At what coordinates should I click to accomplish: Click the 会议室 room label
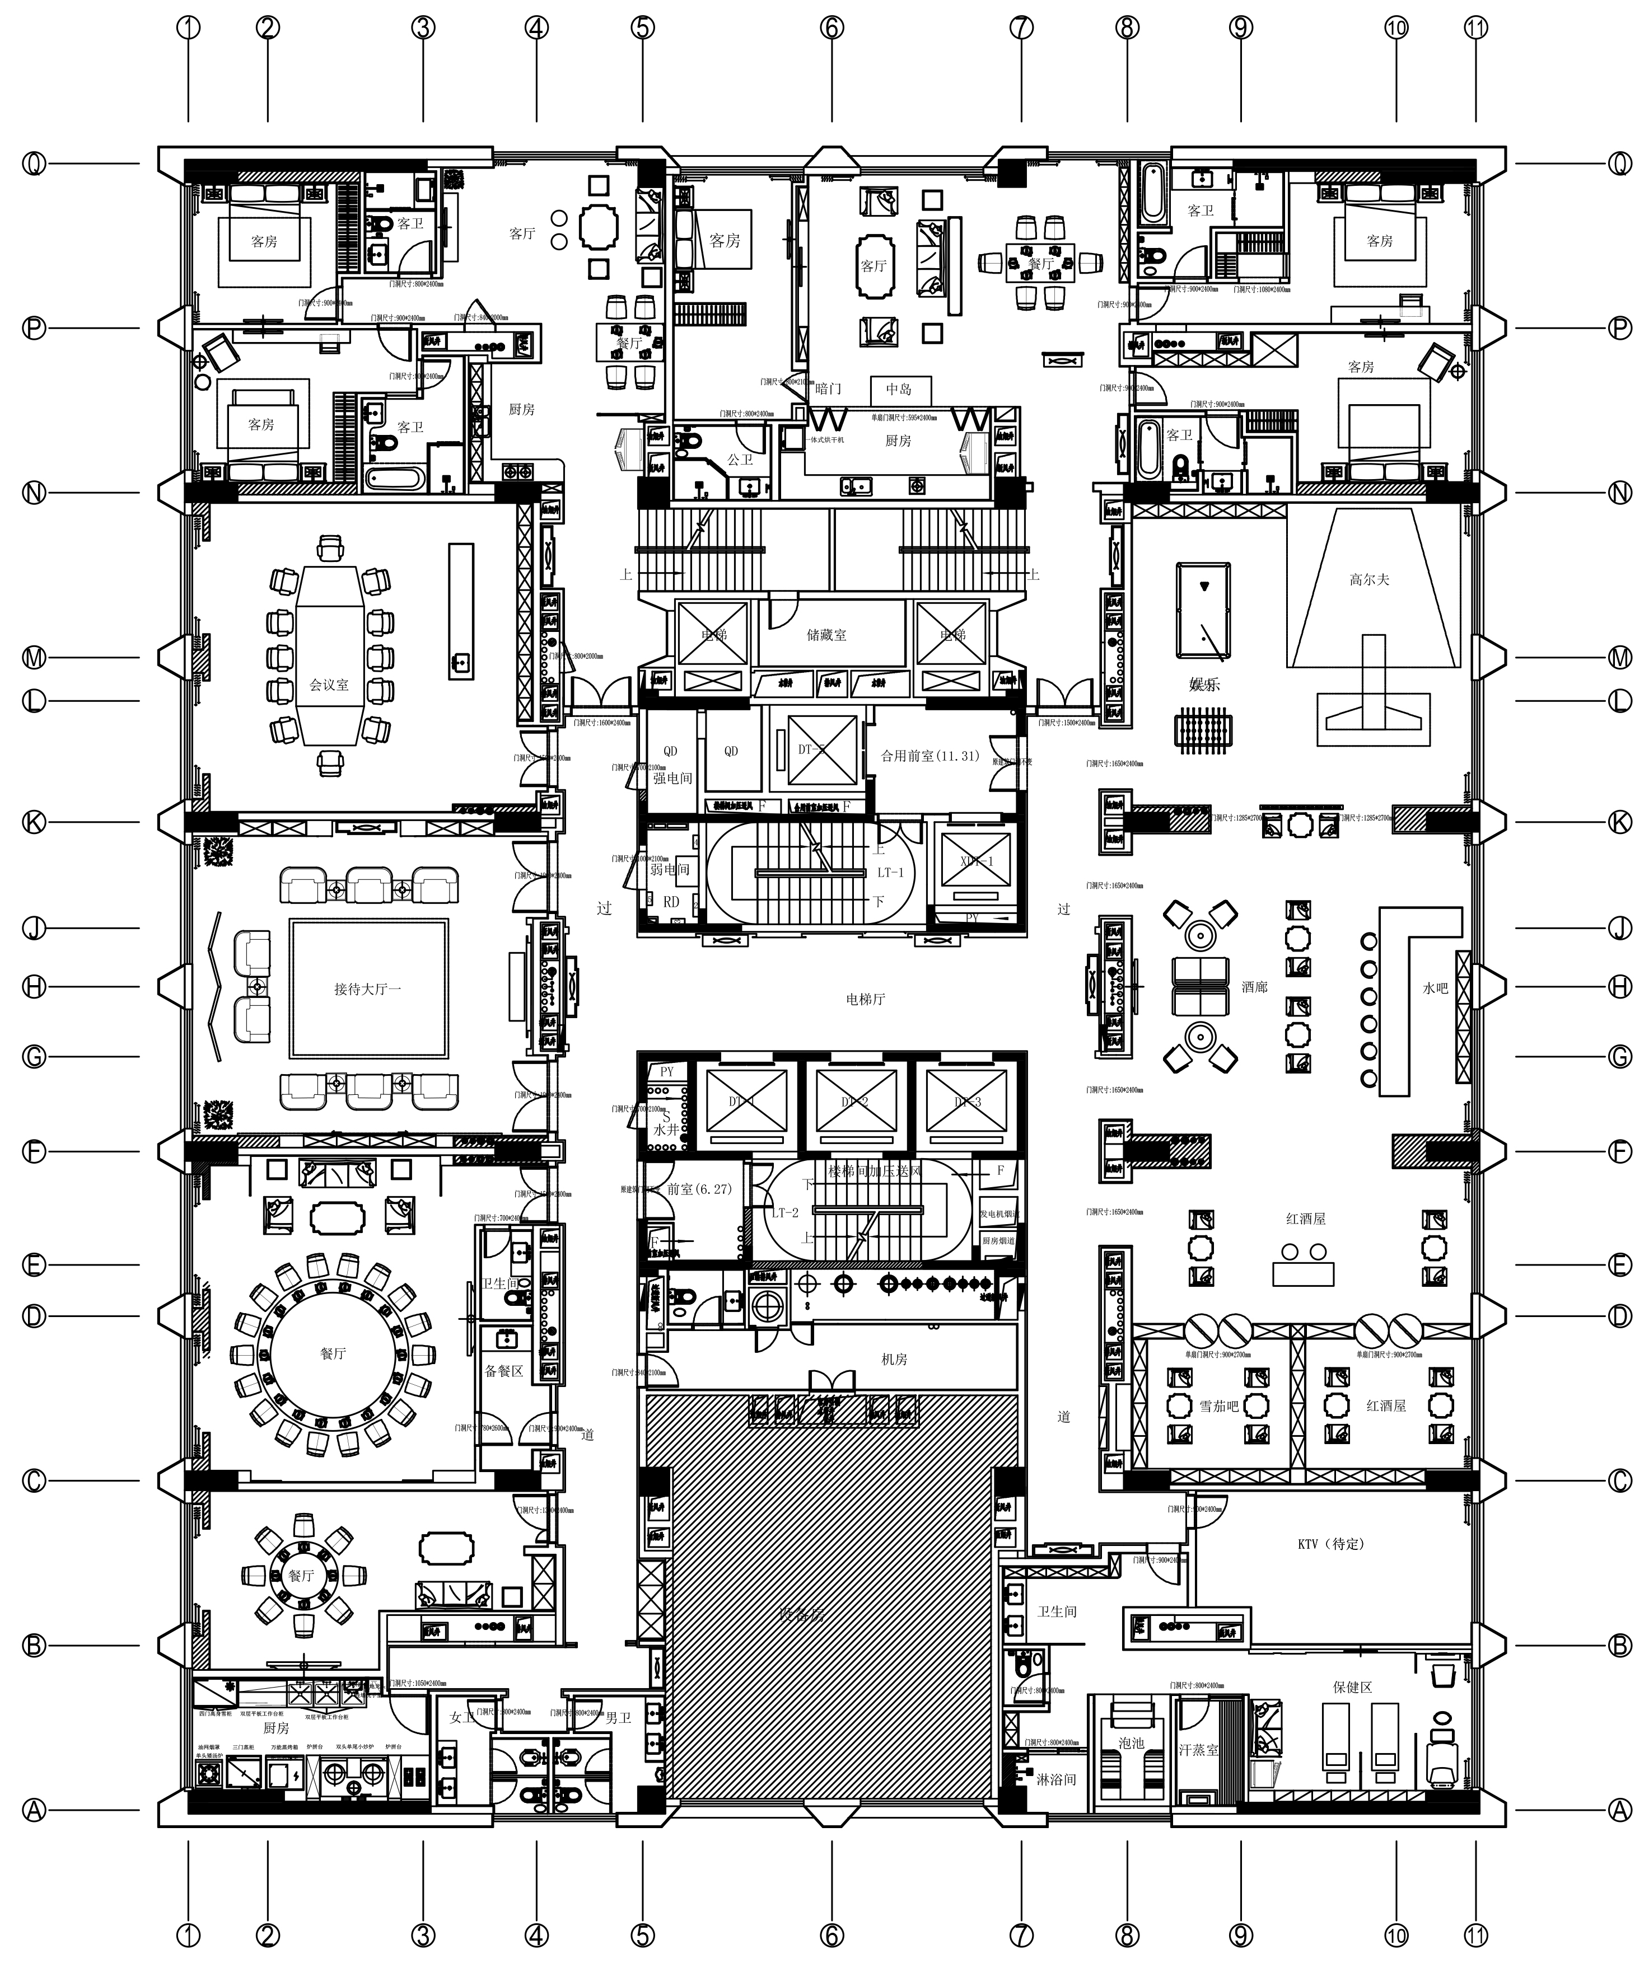[x=329, y=685]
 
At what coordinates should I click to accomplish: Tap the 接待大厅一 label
[x=367, y=988]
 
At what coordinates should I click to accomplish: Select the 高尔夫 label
[x=1369, y=579]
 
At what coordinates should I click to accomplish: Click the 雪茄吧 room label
[x=1218, y=1405]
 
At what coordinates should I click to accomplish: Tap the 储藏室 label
[x=826, y=635]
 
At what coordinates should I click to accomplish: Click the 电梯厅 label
[x=865, y=999]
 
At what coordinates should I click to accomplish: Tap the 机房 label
[x=894, y=1359]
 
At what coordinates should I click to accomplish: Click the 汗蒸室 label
[x=1198, y=1749]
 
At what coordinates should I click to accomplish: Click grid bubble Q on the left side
[x=34, y=165]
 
